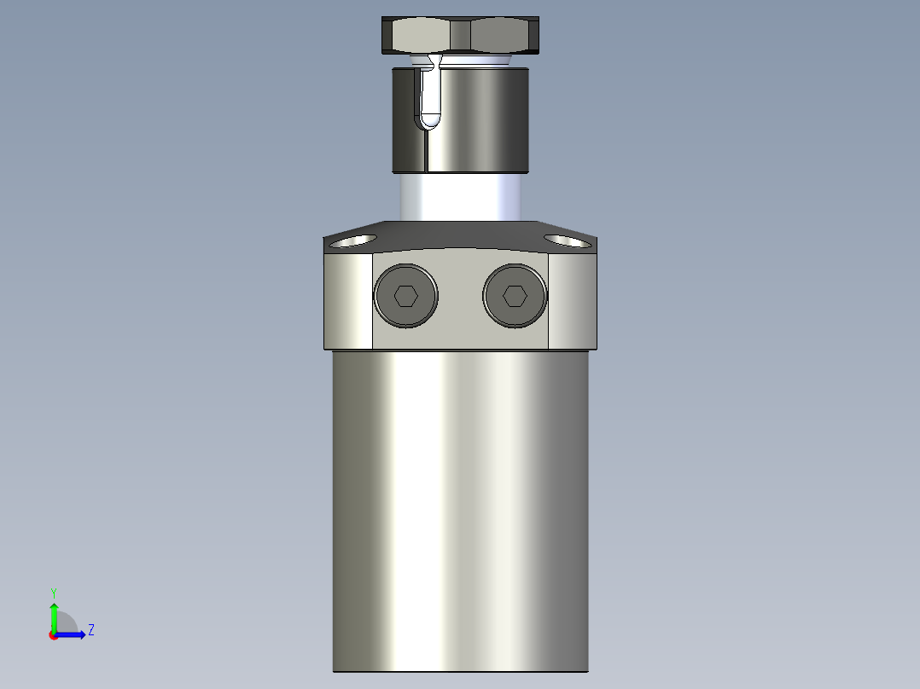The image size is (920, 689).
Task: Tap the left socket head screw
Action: click(405, 296)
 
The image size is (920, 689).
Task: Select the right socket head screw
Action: click(514, 296)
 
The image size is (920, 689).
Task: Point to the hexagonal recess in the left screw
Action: click(405, 296)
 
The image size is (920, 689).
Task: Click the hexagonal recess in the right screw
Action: click(514, 296)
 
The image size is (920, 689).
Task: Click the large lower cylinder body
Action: click(461, 512)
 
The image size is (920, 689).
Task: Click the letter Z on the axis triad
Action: click(90, 630)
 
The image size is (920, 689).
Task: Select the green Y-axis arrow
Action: click(53, 614)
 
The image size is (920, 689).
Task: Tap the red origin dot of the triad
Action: click(53, 635)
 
